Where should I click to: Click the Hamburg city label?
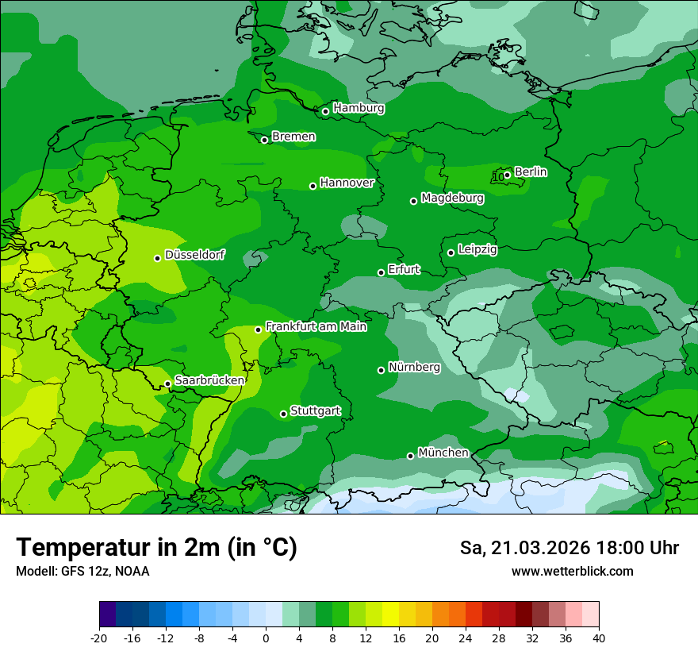pyautogui.click(x=359, y=108)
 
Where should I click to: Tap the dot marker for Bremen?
pyautogui.click(x=265, y=140)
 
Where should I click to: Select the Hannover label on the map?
pyautogui.click(x=347, y=183)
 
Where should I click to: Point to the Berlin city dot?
pyautogui.click(x=508, y=175)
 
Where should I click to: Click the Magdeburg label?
pyautogui.click(x=452, y=198)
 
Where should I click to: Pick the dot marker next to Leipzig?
pyautogui.click(x=451, y=252)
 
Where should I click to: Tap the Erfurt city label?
pyautogui.click(x=404, y=270)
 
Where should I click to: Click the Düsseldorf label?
pyautogui.click(x=194, y=255)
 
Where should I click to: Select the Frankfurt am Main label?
pyautogui.click(x=316, y=326)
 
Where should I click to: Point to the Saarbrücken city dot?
pyautogui.click(x=167, y=383)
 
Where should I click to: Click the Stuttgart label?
pyautogui.click(x=316, y=411)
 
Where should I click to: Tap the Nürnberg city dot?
pyautogui.click(x=381, y=370)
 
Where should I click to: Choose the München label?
pyautogui.click(x=443, y=453)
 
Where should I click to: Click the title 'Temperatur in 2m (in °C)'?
pyautogui.click(x=157, y=547)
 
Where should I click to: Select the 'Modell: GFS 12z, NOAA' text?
pyautogui.click(x=82, y=571)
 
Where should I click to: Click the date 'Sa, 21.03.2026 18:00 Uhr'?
pyautogui.click(x=570, y=548)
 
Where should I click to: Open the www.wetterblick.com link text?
pyautogui.click(x=573, y=571)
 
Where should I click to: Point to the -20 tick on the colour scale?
pyautogui.click(x=99, y=638)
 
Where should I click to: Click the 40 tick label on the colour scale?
pyautogui.click(x=599, y=638)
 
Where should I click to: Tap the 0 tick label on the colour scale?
pyautogui.click(x=266, y=638)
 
